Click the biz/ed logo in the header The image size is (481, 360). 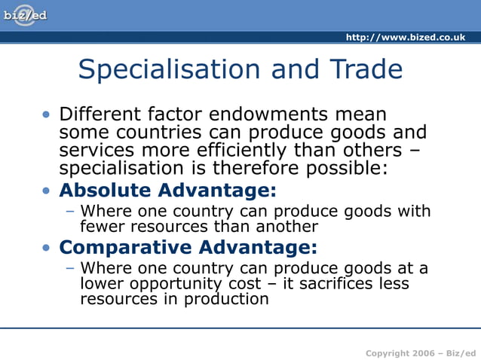click(x=24, y=15)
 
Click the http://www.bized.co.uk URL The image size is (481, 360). click(x=405, y=38)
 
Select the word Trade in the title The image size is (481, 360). click(x=365, y=70)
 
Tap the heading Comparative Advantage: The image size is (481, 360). click(x=188, y=248)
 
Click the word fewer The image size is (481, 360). click(x=103, y=226)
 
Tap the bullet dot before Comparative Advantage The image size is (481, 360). click(x=47, y=248)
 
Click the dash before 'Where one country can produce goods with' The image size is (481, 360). click(x=70, y=211)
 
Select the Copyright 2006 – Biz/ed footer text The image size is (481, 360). click(x=421, y=353)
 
